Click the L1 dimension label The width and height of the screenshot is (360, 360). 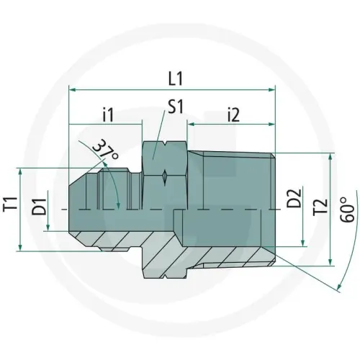(x=176, y=78)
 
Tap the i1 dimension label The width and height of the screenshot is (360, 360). (x=108, y=116)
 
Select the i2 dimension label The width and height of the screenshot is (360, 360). (x=233, y=116)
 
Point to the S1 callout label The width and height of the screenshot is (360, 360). (x=176, y=107)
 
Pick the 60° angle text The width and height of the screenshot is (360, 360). (x=348, y=210)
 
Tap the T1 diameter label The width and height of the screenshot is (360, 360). (x=10, y=204)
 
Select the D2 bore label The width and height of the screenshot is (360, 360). (x=294, y=198)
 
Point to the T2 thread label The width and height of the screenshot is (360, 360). (x=320, y=207)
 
